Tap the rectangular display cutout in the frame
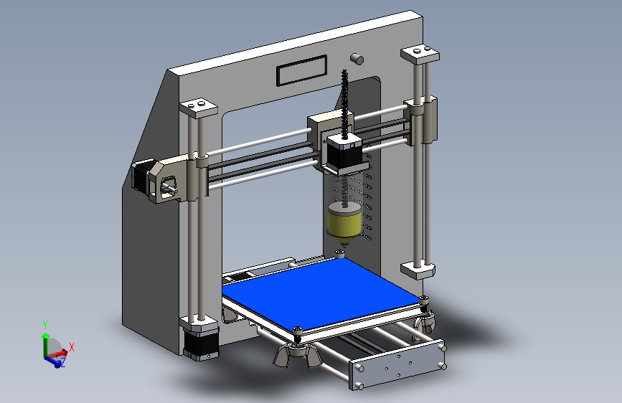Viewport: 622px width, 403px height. point(301,72)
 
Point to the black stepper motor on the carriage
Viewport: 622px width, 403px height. point(343,153)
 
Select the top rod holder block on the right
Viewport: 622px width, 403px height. point(419,54)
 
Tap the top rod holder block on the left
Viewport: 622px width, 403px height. point(197,108)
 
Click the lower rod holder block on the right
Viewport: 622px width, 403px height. point(418,270)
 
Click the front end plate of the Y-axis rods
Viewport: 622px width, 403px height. point(397,366)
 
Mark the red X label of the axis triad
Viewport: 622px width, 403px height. point(72,347)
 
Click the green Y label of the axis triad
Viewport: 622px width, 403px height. point(44,324)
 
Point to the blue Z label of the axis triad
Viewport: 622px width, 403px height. point(62,363)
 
